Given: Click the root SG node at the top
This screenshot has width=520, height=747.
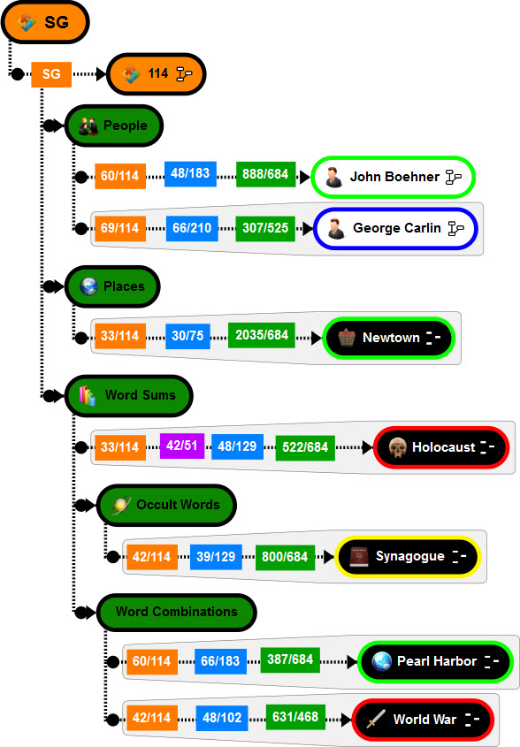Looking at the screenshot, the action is [45, 22].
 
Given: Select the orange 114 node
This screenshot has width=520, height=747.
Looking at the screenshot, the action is [157, 74].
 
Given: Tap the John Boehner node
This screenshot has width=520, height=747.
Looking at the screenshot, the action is [394, 177].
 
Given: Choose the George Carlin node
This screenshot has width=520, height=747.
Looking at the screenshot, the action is [395, 228].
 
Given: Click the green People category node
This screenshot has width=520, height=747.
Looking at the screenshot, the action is [114, 126].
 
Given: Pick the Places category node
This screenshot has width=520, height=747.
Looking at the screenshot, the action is [112, 286].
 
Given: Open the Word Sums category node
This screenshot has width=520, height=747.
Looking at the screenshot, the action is [129, 395].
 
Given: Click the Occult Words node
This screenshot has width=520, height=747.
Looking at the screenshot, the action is [166, 505].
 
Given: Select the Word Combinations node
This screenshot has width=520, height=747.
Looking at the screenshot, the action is [177, 612].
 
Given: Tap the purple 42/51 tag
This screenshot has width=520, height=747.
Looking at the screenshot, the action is [182, 446].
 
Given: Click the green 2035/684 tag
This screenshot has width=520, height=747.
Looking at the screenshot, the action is [262, 335].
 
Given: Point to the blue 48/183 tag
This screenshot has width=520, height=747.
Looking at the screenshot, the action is [190, 173].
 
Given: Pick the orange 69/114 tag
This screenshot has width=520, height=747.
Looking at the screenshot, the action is [120, 228].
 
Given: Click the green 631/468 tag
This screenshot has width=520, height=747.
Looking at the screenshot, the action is [295, 717].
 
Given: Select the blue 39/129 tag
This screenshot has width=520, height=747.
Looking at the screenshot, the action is [216, 557].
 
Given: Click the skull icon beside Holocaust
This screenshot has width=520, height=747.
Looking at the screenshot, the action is [397, 447].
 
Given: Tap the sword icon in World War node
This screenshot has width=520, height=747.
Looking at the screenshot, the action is [376, 720].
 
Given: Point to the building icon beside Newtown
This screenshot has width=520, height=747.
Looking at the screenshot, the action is [347, 338].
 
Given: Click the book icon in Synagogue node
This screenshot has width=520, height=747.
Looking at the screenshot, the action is [359, 556].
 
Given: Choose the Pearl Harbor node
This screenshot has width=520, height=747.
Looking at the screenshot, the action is [436, 662].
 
